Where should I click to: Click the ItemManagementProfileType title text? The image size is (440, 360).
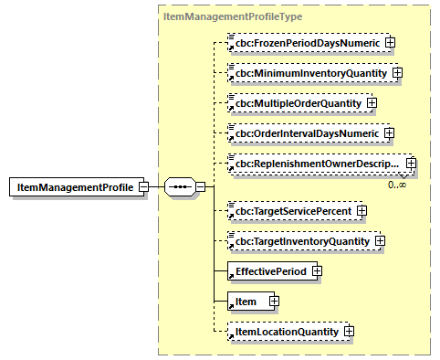tap(220, 16)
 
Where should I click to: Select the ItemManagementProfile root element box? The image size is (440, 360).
tap(72, 186)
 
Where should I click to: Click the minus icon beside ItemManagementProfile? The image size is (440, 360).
tap(143, 186)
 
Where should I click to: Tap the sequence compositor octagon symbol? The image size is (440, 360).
tap(180, 186)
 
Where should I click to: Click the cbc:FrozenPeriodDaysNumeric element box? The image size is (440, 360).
tap(305, 42)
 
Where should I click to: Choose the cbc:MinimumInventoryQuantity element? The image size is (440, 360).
tap(309, 72)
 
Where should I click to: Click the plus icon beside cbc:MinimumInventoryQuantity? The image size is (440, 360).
tap(397, 72)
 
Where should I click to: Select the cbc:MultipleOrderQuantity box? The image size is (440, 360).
tap(296, 102)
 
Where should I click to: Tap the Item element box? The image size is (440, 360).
tap(246, 301)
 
